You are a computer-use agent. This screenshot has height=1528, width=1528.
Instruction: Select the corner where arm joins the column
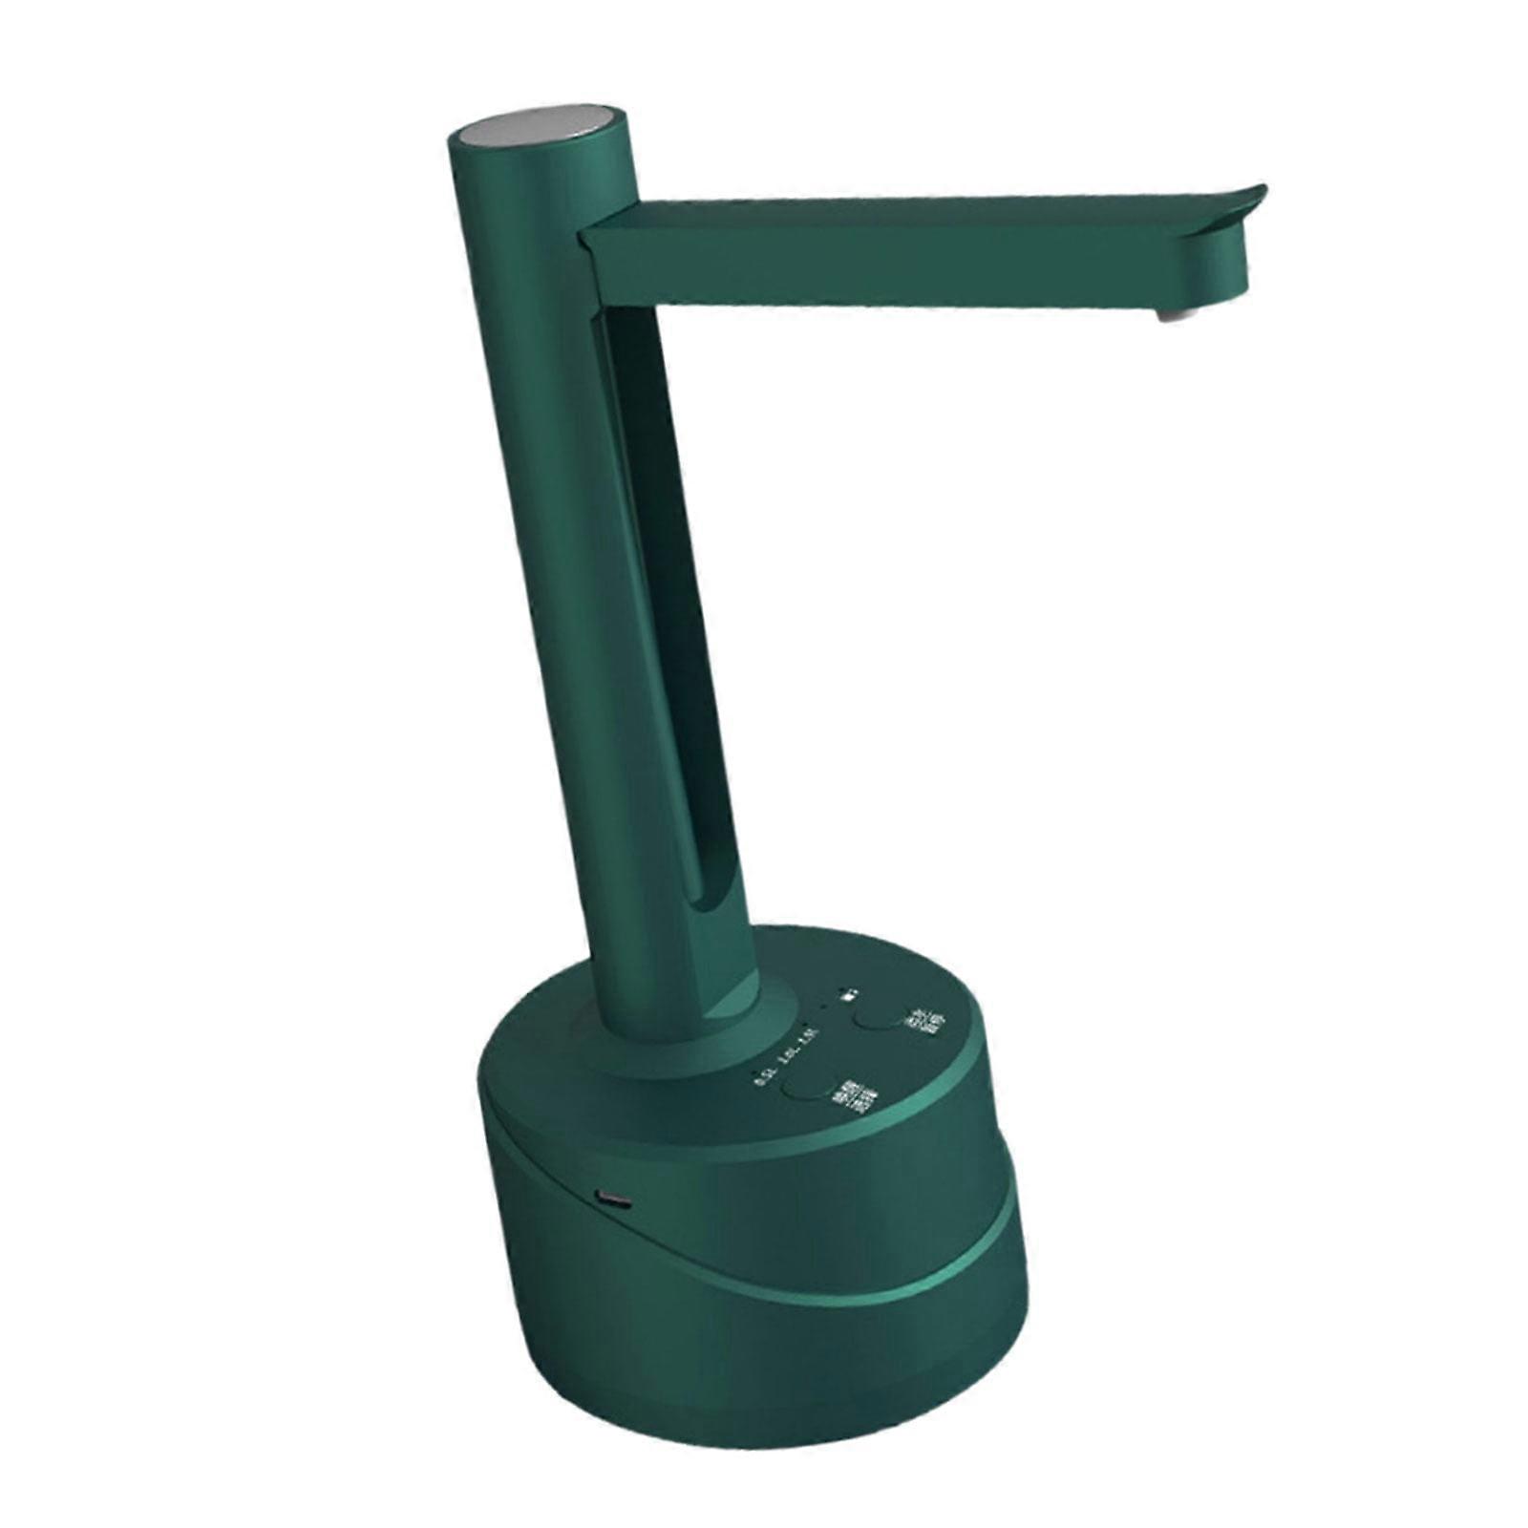[x=602, y=239]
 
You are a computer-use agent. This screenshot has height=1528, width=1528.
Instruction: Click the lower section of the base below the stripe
[x=764, y=1385]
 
